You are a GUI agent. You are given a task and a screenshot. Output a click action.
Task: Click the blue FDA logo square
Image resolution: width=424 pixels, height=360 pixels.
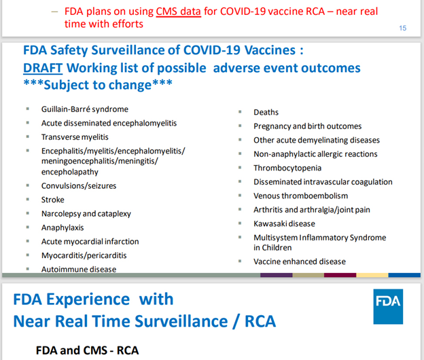(388, 306)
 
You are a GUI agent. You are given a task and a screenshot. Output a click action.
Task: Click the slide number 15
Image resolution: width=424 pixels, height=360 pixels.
(403, 28)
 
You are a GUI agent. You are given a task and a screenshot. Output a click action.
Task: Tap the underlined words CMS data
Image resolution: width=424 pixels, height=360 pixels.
(179, 12)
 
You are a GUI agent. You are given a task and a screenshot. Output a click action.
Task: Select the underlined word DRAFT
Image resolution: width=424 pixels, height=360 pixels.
(43, 68)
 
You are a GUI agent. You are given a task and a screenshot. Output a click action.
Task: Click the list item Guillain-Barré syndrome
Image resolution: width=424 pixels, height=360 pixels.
(85, 109)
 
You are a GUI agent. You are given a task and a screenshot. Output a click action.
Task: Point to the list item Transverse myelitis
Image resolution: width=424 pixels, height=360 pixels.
(75, 137)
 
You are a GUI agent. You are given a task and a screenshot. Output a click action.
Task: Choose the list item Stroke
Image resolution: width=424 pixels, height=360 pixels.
(53, 200)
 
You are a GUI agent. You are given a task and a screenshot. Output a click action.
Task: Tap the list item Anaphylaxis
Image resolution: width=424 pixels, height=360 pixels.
(63, 228)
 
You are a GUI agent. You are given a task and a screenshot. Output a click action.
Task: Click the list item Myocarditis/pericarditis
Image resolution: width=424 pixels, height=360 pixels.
(84, 255)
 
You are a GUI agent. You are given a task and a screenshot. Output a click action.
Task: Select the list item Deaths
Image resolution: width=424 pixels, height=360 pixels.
(266, 112)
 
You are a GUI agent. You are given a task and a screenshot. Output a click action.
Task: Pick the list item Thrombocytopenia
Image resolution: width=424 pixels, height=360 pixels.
(287, 168)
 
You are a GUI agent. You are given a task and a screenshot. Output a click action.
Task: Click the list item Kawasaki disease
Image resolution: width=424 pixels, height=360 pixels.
(284, 223)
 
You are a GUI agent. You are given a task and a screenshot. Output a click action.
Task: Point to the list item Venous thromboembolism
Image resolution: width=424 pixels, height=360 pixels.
(301, 196)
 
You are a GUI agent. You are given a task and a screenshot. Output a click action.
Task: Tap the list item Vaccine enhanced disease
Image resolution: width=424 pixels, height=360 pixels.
(300, 262)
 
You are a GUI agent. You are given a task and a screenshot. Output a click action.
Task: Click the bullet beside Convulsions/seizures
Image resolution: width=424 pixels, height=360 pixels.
(28, 185)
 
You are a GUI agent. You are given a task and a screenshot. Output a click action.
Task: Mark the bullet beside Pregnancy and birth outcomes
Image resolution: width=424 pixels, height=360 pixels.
(240, 126)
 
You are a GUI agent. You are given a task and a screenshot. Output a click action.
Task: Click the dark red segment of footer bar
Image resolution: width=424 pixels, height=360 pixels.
(340, 275)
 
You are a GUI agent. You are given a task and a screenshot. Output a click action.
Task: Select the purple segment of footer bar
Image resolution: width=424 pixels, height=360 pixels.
(276, 275)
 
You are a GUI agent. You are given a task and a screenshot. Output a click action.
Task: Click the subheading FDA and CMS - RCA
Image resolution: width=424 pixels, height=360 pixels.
(87, 350)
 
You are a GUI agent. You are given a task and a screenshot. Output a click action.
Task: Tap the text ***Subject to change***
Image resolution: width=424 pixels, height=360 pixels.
(98, 85)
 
